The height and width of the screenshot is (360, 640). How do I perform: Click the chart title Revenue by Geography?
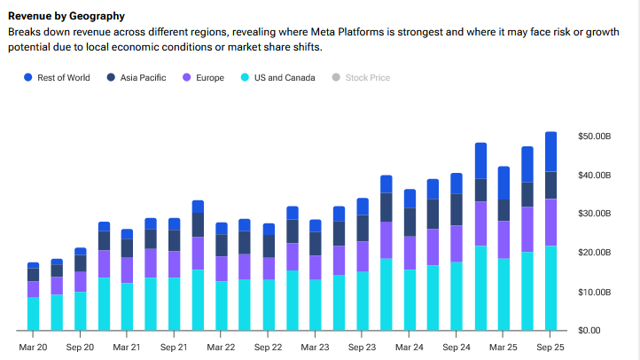click(x=66, y=16)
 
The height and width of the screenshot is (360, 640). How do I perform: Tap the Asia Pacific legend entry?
click(x=142, y=78)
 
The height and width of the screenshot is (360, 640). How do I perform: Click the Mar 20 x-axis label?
click(x=33, y=348)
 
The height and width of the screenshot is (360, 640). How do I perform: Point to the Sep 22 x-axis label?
click(x=268, y=348)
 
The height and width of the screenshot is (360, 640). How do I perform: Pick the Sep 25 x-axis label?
click(x=550, y=348)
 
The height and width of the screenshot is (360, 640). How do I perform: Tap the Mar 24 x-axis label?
click(x=410, y=348)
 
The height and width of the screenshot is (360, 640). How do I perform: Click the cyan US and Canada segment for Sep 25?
click(x=550, y=288)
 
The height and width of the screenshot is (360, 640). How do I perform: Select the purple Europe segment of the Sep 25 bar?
click(x=550, y=222)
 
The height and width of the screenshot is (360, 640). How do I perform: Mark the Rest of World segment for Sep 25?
click(x=550, y=152)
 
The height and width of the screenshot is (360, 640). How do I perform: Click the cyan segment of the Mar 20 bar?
click(x=33, y=314)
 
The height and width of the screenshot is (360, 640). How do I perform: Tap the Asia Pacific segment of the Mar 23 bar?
click(x=315, y=244)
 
